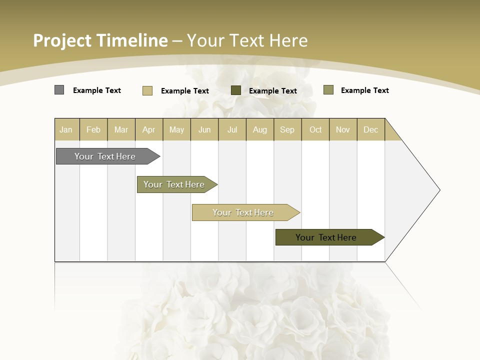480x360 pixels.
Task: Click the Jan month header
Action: pyautogui.click(x=66, y=129)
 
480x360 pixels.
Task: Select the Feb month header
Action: pyautogui.click(x=93, y=129)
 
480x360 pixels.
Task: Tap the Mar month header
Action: pyautogui.click(x=121, y=129)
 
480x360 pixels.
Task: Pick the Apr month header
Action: pyautogui.click(x=149, y=129)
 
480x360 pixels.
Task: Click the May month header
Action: pyautogui.click(x=176, y=129)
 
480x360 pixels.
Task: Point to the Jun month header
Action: pyautogui.click(x=204, y=129)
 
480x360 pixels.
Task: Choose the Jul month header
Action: pyautogui.click(x=232, y=129)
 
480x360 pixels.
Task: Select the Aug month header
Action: pyautogui.click(x=260, y=129)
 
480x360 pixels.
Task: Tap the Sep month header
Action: pyautogui.click(x=287, y=129)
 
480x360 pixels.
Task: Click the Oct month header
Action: pyautogui.click(x=315, y=129)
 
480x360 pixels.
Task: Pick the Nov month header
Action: pyautogui.click(x=343, y=129)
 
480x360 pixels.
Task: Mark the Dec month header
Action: pyautogui.click(x=371, y=129)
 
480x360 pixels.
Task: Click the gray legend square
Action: pyautogui.click(x=59, y=90)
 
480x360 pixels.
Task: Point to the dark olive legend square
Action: pyautogui.click(x=236, y=90)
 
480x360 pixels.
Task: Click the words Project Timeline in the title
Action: pyautogui.click(x=100, y=40)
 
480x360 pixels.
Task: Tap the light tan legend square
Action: pyautogui.click(x=147, y=90)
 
